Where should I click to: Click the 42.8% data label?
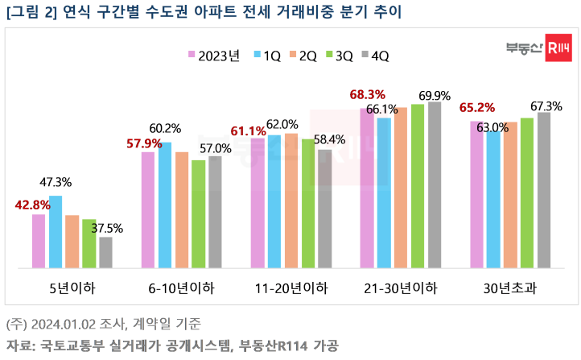point(32,205)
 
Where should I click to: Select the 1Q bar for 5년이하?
point(56,231)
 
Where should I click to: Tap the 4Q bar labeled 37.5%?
point(105,252)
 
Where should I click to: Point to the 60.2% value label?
point(166,128)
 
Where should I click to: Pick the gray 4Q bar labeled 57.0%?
point(215,211)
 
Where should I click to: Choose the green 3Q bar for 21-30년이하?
point(418,186)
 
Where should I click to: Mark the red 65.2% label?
point(477,107)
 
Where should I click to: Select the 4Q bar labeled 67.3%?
point(544,190)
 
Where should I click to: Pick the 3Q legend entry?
point(339,55)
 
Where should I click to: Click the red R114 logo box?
point(557,48)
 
